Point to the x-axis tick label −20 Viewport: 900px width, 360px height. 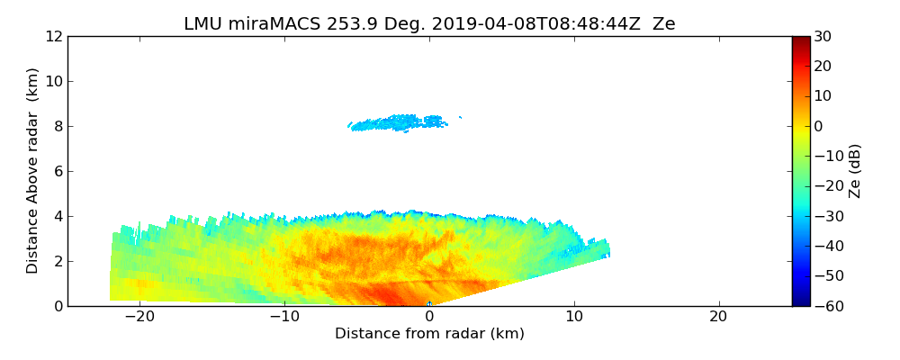click(x=139, y=318)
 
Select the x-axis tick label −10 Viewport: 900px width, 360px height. click(x=284, y=318)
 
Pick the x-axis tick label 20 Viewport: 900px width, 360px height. click(x=718, y=318)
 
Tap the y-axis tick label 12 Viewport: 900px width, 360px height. click(x=54, y=36)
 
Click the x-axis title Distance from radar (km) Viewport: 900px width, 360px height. click(x=429, y=334)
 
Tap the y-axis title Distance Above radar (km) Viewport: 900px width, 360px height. click(x=33, y=170)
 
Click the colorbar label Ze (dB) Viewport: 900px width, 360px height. click(x=855, y=170)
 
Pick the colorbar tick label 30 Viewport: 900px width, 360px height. click(x=823, y=36)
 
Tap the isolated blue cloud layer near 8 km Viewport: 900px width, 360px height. click(x=396, y=122)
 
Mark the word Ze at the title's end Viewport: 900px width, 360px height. click(x=663, y=24)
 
